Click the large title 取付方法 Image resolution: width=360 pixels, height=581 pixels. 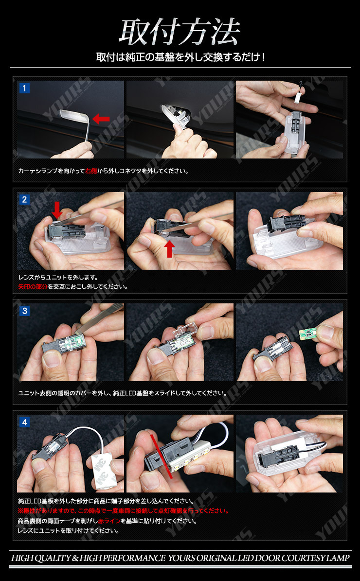pos(180,33)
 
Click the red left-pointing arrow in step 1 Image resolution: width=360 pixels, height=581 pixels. pos(101,118)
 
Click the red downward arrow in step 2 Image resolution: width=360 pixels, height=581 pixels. pos(57,210)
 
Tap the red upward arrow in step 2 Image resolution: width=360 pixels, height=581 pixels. pos(169,248)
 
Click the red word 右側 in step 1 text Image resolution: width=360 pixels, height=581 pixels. pos(91,171)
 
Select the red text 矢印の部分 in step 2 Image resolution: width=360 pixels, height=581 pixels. pos(32,286)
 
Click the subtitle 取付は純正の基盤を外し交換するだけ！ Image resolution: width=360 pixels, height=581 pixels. pos(180,57)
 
